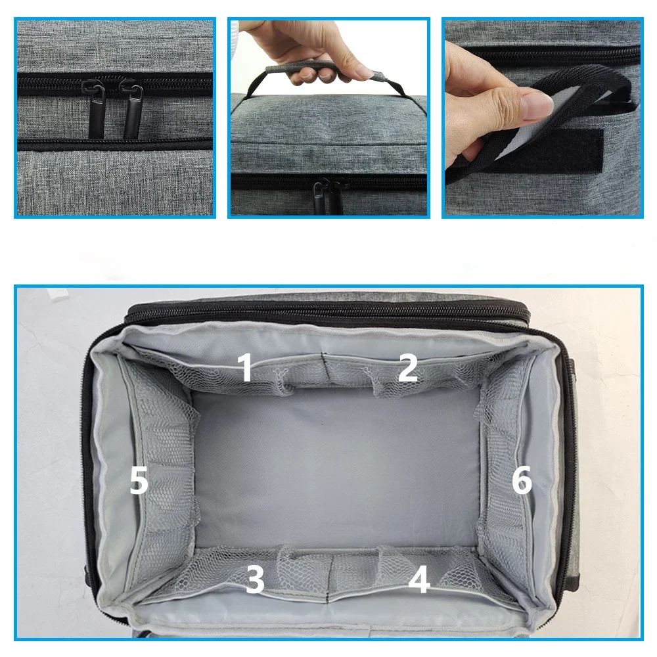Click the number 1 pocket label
pos(246,368)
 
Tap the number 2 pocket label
pos(408,368)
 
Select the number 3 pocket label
pos(255,580)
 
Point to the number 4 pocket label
pos(419,580)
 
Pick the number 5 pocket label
pos(139,482)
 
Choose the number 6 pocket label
pos(522,482)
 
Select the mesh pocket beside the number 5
pos(168,460)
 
